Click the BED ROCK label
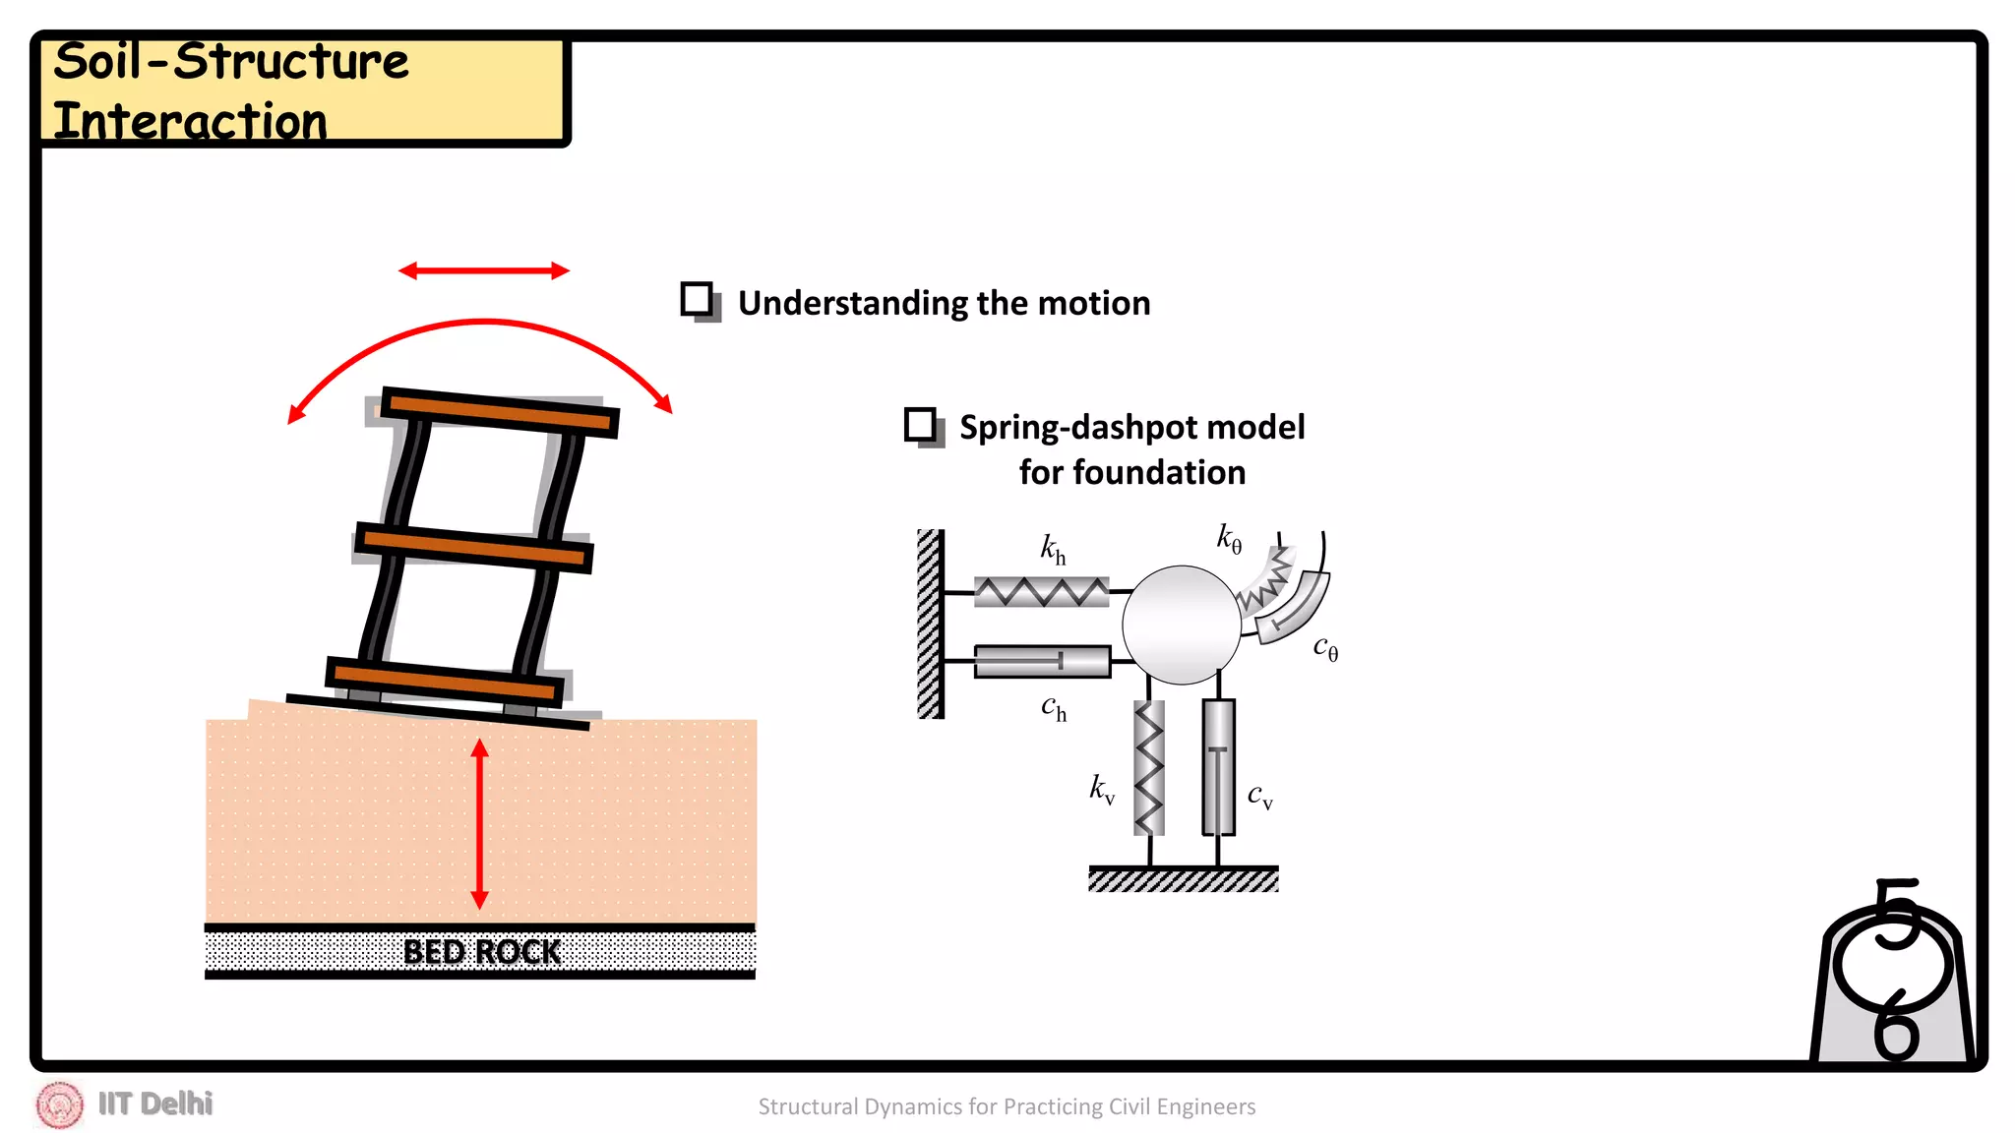pyautogui.click(x=481, y=952)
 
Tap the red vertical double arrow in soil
pyautogui.click(x=480, y=824)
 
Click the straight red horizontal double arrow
pyautogui.click(x=483, y=270)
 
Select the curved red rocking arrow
pyautogui.click(x=482, y=323)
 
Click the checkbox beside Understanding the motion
pyautogui.click(x=698, y=299)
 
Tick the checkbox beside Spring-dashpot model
pyautogui.click(x=921, y=425)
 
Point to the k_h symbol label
pyautogui.click(x=1053, y=549)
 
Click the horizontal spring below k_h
pyautogui.click(x=1041, y=591)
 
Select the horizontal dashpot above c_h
pyautogui.click(x=1041, y=661)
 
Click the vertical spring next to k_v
pyautogui.click(x=1149, y=767)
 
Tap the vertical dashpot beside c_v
pyautogui.click(x=1218, y=767)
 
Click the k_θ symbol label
pyautogui.click(x=1229, y=538)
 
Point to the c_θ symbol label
pyautogui.click(x=1325, y=648)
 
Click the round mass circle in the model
pyautogui.click(x=1181, y=625)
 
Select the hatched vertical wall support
pyautogui.click(x=930, y=625)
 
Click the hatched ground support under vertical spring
pyautogui.click(x=1183, y=879)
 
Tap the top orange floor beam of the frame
pyautogui.click(x=500, y=412)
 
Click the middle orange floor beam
pyautogui.click(x=473, y=549)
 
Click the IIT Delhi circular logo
pyautogui.click(x=60, y=1104)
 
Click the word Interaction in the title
pyautogui.click(x=190, y=122)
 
